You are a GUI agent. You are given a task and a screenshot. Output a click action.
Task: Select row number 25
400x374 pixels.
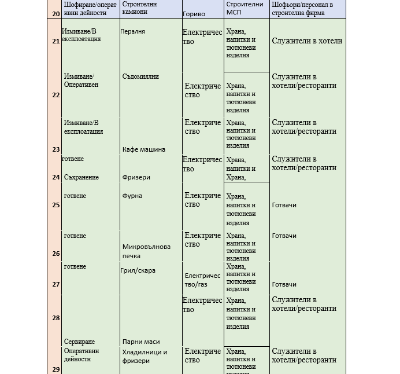click(x=56, y=205)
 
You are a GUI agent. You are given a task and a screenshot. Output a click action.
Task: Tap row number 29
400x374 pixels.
click(x=56, y=369)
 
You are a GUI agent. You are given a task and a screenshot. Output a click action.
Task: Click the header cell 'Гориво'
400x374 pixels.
click(x=194, y=14)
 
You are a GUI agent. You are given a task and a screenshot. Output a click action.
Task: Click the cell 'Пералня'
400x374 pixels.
click(x=133, y=31)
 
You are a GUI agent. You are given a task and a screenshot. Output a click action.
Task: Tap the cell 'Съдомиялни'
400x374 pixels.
click(x=140, y=76)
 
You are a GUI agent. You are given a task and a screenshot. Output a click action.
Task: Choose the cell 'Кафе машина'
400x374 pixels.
click(x=144, y=149)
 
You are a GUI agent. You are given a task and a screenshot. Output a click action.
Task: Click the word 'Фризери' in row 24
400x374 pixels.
click(x=136, y=177)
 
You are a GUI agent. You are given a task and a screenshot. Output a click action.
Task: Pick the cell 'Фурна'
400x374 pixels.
click(x=132, y=196)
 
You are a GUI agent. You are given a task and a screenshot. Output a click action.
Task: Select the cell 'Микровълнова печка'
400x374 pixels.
click(x=146, y=251)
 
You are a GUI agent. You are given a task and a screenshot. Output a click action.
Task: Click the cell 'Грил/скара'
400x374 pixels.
click(x=138, y=270)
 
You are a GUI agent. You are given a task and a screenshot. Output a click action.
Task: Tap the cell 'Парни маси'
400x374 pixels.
click(x=141, y=342)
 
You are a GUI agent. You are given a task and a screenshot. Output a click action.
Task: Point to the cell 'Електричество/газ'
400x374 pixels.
click(x=203, y=280)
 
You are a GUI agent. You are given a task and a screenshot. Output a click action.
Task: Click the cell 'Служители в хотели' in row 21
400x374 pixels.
click(x=306, y=41)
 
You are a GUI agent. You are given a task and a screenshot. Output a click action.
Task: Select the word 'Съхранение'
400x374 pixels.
click(x=82, y=177)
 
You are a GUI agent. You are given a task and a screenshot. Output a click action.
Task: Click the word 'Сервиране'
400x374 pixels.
click(x=80, y=342)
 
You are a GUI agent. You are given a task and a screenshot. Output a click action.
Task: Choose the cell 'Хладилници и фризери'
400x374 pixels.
click(x=145, y=356)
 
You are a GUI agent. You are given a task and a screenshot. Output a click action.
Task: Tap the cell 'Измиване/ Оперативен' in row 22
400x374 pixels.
click(x=81, y=80)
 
